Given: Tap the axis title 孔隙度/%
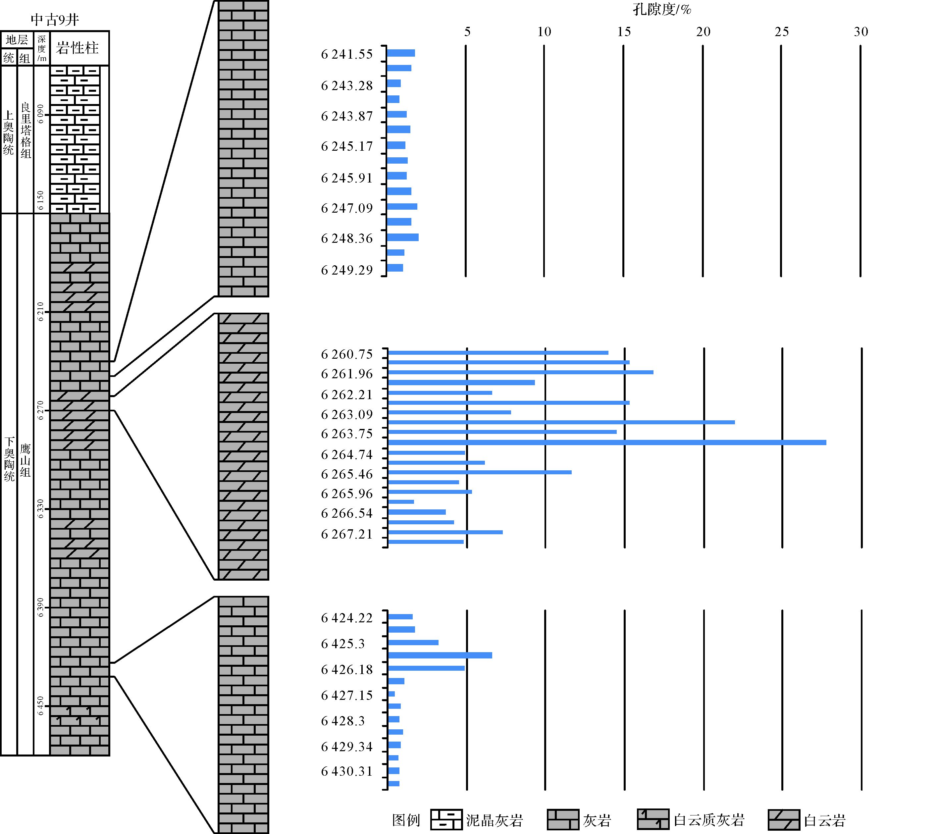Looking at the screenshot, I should tap(661, 9).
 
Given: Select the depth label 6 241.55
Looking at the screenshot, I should tap(347, 54).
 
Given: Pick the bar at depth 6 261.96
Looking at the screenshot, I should tap(520, 372).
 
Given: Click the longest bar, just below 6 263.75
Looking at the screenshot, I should tap(607, 443).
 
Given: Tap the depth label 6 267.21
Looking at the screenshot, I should tap(347, 534).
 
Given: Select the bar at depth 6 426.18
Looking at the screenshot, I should tap(426, 668).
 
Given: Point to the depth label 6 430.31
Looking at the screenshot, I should tap(347, 771).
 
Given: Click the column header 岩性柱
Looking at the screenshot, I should tap(77, 48).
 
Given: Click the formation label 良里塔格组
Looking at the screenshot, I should tap(26, 130).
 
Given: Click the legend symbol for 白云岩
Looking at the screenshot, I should tap(784, 820).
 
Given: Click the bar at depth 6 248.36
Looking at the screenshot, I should tap(402, 237).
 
